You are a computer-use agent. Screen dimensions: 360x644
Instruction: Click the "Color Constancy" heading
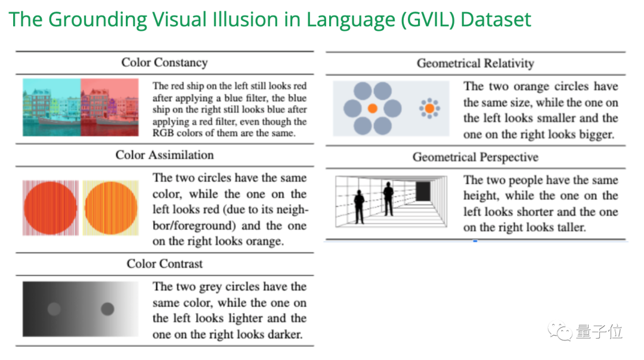164,63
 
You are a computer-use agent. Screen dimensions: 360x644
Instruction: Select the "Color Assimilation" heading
164,155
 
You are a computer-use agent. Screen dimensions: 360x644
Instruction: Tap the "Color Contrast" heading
165,263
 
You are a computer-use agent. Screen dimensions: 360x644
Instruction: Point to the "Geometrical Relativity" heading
475,63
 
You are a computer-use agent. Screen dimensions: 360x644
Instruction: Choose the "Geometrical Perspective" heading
475,157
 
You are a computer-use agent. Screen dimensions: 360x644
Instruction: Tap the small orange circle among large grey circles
372,108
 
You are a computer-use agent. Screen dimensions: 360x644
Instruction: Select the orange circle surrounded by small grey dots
429,108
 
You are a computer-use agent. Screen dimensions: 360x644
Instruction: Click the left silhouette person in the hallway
359,206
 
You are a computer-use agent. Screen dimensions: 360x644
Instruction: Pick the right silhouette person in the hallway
388,198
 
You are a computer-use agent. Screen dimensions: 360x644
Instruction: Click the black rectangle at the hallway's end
423,191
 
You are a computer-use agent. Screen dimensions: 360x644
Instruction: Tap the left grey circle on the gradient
54,309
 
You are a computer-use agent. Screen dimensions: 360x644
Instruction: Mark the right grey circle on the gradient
107,309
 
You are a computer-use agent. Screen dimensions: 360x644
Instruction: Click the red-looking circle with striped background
51,208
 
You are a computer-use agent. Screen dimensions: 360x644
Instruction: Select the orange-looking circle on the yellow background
111,208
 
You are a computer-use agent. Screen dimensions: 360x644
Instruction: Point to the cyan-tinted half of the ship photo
52,107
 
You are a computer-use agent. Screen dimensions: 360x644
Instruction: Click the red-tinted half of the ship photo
110,107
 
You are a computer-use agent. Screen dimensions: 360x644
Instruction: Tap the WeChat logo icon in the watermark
561,331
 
